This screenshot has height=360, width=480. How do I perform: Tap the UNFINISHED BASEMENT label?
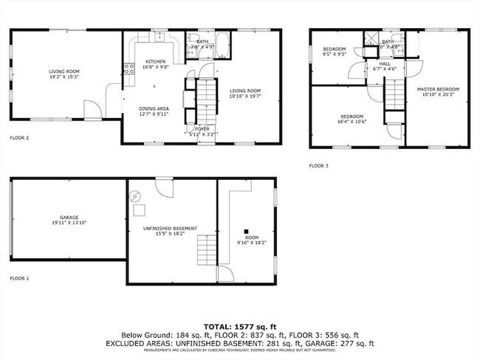[x=170, y=229]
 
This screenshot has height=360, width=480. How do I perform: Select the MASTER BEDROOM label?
[x=438, y=89]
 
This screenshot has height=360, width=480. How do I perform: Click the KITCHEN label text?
[x=155, y=61]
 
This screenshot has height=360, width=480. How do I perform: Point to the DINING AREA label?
[x=154, y=108]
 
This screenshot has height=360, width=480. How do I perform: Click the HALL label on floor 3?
[x=385, y=63]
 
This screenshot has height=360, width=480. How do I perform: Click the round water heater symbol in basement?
[x=135, y=196]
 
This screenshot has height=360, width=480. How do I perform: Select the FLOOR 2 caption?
[x=19, y=137]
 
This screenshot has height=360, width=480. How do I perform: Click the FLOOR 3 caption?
[x=318, y=165]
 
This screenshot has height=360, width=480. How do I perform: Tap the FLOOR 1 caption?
[x=19, y=278]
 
